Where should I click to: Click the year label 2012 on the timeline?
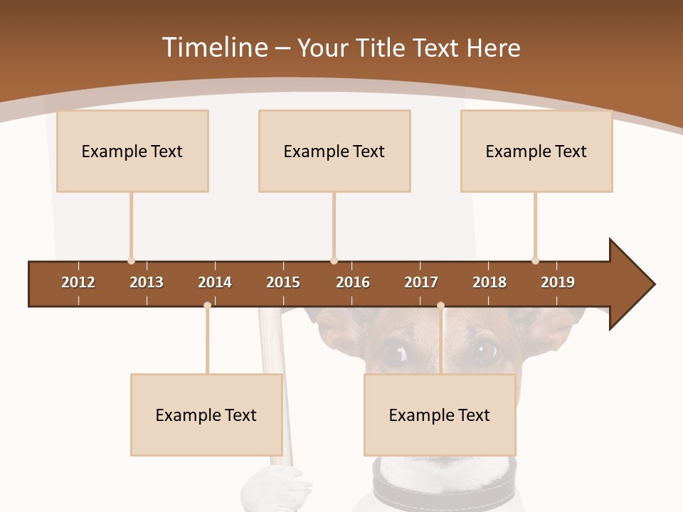[78, 282]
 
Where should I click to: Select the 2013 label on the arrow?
[147, 282]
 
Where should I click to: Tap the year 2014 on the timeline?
[215, 282]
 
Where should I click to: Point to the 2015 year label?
[283, 282]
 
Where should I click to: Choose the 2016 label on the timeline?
[353, 282]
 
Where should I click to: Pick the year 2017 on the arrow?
[421, 282]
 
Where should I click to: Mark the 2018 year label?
[489, 282]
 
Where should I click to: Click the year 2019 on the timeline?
[558, 282]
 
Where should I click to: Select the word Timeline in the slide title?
[213, 48]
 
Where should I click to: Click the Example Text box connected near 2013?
[132, 151]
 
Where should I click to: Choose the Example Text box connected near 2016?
[334, 151]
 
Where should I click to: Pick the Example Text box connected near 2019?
[536, 151]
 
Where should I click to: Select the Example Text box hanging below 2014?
[206, 415]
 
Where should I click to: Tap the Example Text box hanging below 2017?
[440, 415]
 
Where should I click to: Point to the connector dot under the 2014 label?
[207, 306]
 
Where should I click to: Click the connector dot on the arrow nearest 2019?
[535, 260]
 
